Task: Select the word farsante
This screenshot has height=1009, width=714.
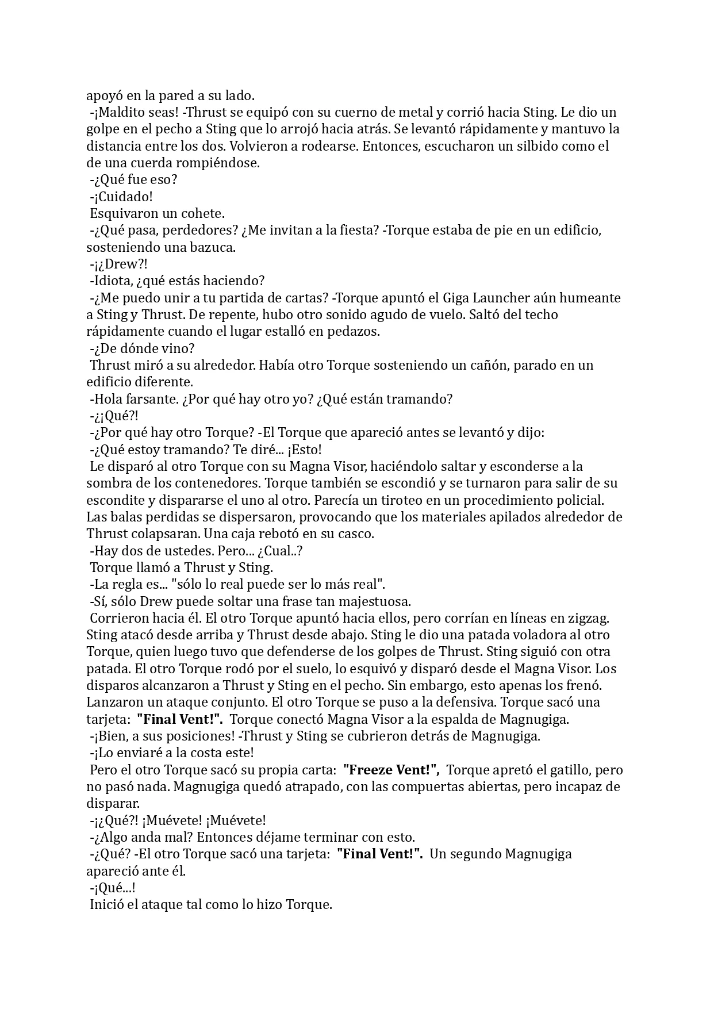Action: coord(149,399)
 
